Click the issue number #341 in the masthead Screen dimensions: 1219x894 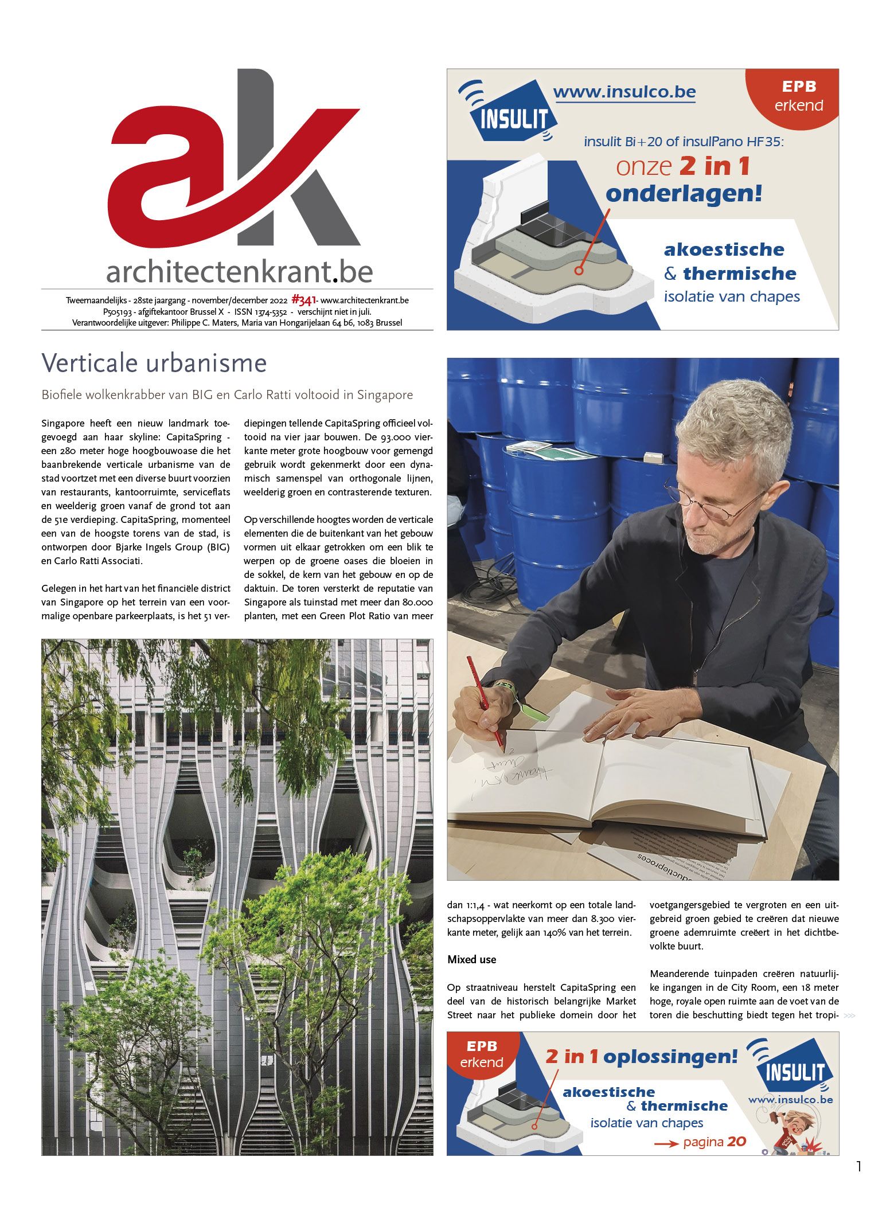[303, 300]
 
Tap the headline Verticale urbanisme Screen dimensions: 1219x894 [154, 363]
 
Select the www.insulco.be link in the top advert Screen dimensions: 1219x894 [624, 92]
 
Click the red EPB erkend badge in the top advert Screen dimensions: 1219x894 [798, 96]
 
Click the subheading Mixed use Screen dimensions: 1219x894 [471, 960]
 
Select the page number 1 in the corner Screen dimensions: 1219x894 [858, 1166]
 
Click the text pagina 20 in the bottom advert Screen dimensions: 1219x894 [714, 1142]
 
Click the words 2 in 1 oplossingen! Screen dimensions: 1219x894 [641, 1056]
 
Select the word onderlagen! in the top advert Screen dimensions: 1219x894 [684, 194]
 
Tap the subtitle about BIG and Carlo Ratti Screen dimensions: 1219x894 [227, 395]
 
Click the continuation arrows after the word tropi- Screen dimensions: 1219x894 [849, 1015]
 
